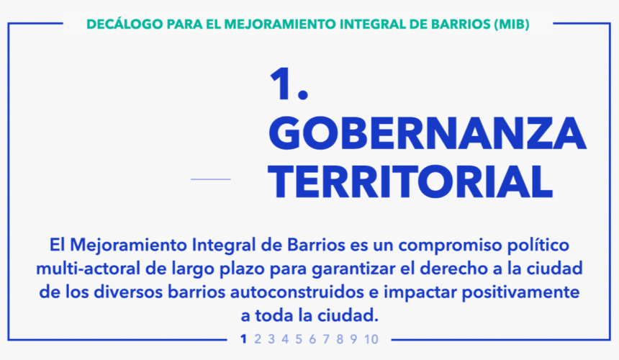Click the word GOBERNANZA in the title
click(x=428, y=133)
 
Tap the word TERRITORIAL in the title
click(x=410, y=181)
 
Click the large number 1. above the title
click(x=289, y=84)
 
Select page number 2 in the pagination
click(x=258, y=339)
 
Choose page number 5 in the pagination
click(x=299, y=339)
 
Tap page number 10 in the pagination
click(x=371, y=339)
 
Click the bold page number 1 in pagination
click(x=243, y=339)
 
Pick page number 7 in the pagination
click(x=326, y=339)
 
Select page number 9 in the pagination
click(x=353, y=339)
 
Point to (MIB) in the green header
click(x=512, y=24)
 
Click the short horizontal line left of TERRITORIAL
click(x=211, y=179)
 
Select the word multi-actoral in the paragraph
click(x=89, y=269)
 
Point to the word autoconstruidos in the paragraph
click(x=297, y=292)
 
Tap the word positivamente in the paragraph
click(x=520, y=293)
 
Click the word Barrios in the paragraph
click(x=316, y=245)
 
